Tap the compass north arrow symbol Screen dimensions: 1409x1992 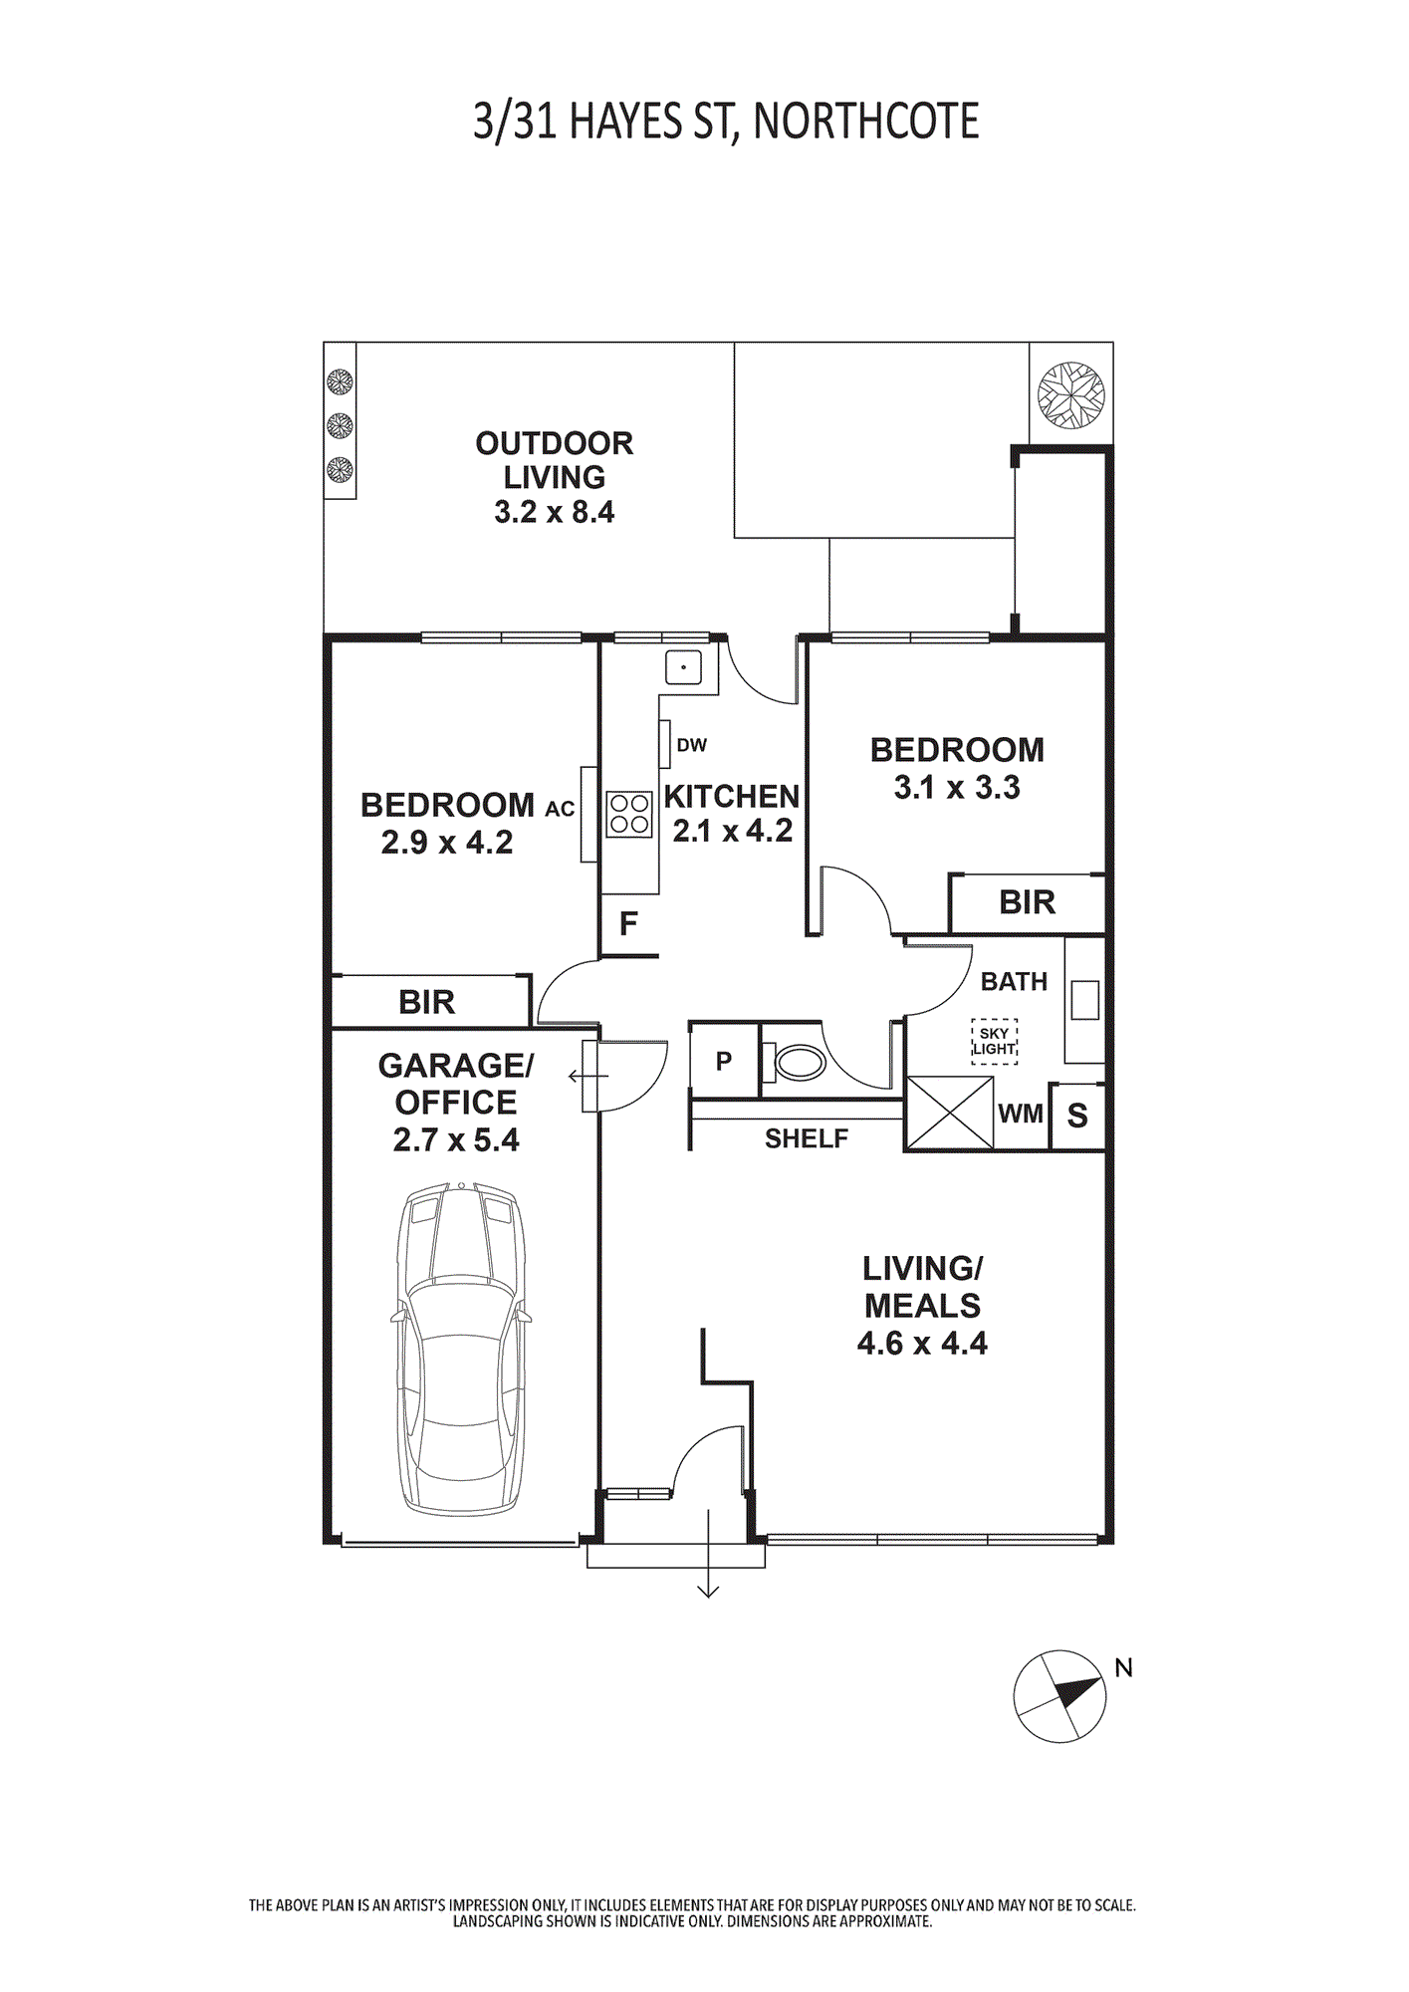[1059, 1696]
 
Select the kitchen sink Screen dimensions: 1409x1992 [683, 667]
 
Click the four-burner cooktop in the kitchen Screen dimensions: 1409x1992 [629, 813]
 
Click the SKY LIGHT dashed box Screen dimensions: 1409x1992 [994, 1041]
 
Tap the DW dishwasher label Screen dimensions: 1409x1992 [692, 745]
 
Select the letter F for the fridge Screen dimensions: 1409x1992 [628, 924]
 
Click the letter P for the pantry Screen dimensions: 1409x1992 [724, 1062]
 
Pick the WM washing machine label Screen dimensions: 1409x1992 [1021, 1114]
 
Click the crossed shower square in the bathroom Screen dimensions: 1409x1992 [949, 1113]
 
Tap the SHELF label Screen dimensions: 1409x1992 [807, 1138]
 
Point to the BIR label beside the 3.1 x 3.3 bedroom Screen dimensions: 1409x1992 [1027, 902]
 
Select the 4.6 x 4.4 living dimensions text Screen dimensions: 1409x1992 [922, 1343]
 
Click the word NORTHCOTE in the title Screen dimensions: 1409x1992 [866, 122]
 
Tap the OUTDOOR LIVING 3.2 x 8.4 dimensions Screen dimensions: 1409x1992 [555, 512]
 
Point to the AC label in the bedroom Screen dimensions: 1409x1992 [560, 809]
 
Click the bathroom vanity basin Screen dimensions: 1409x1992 [1084, 1000]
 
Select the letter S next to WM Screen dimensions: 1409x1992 [1077, 1117]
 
